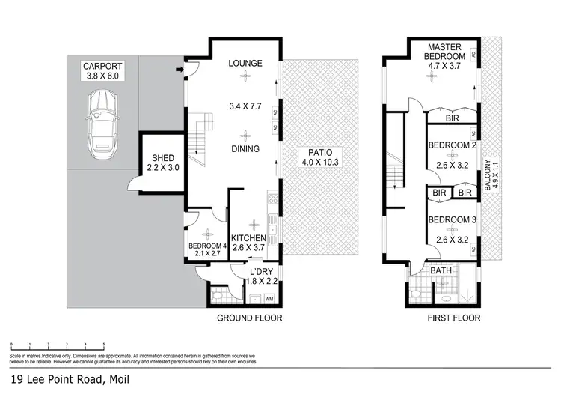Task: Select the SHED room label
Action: click(x=163, y=158)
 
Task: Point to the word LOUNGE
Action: click(x=245, y=64)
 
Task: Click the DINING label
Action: click(x=245, y=149)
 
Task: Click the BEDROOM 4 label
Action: click(x=206, y=246)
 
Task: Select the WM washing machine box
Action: click(x=269, y=300)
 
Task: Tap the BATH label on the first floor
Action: click(x=441, y=271)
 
